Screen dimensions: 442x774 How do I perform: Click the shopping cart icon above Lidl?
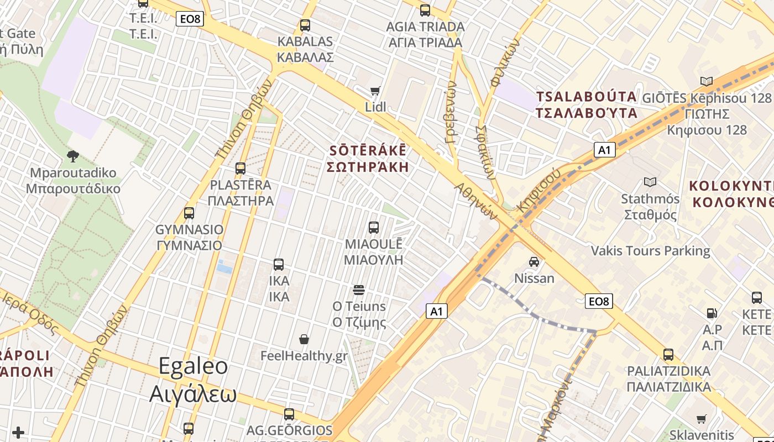tap(375, 91)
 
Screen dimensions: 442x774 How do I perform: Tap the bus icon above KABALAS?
tap(305, 25)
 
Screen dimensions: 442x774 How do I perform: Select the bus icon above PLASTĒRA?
tap(240, 169)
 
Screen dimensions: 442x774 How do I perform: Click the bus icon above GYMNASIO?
tap(189, 213)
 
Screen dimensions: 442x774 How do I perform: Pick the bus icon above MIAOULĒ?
tap(374, 228)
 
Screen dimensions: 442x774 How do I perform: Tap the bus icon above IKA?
tap(279, 265)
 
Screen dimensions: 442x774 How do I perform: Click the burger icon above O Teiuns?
tap(359, 290)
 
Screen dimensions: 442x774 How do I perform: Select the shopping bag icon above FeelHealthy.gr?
tap(304, 339)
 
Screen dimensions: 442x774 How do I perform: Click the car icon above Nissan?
tap(534, 262)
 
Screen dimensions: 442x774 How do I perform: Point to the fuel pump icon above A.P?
tap(712, 313)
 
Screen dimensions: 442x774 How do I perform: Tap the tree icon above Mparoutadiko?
tap(72, 156)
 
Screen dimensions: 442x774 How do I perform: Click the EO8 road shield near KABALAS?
tap(190, 19)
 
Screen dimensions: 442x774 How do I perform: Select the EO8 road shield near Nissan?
tap(599, 301)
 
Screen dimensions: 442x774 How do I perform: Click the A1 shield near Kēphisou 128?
tap(605, 150)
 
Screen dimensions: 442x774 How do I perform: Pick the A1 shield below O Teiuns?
tap(437, 312)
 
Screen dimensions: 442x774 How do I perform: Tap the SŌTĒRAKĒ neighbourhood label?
tap(368, 159)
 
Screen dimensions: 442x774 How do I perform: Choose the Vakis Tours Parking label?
tap(650, 251)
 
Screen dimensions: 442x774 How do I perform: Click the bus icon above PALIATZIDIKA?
tap(668, 355)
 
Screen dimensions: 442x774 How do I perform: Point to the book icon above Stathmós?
tap(650, 182)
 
